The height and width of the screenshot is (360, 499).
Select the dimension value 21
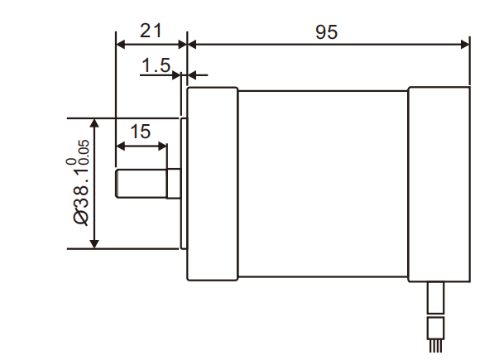click(151, 31)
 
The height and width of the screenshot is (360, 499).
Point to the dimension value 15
click(141, 131)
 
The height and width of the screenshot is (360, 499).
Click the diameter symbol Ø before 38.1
click(81, 216)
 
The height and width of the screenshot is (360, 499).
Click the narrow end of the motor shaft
click(142, 185)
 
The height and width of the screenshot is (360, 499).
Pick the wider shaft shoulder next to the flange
click(174, 185)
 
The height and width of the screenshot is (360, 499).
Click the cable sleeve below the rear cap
click(436, 298)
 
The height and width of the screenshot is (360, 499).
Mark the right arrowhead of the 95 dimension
click(465, 43)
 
